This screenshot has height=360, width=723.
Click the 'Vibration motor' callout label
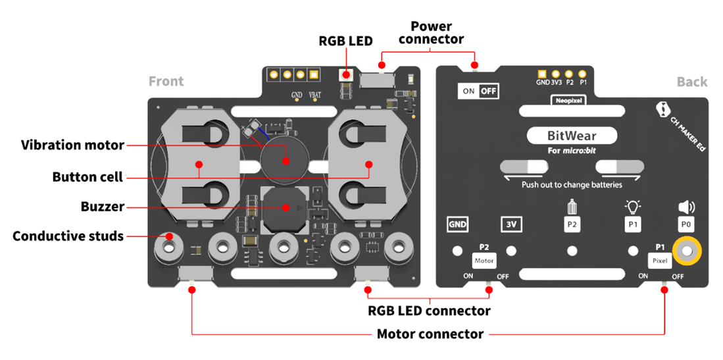pyautogui.click(x=73, y=145)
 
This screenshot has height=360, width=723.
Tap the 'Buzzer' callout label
pyautogui.click(x=102, y=207)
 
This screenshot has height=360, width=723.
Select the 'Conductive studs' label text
pyautogui.click(x=68, y=236)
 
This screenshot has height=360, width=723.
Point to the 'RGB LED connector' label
pyautogui.click(x=429, y=310)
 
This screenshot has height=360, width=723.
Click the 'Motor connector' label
pyautogui.click(x=430, y=334)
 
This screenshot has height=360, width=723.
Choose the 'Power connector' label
pyautogui.click(x=431, y=32)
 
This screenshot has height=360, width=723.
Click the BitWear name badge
pyautogui.click(x=572, y=136)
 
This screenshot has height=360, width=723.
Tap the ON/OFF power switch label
pyautogui.click(x=478, y=91)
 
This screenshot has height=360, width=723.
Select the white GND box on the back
pyautogui.click(x=457, y=225)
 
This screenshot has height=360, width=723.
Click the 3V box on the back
pyautogui.click(x=511, y=225)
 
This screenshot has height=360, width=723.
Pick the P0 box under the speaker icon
pyautogui.click(x=686, y=225)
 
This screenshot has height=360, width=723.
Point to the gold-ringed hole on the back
pyautogui.click(x=687, y=251)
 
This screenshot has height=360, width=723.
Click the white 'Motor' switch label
pyautogui.click(x=484, y=261)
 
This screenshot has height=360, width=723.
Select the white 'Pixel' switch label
pyautogui.click(x=659, y=261)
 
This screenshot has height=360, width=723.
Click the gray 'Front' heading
pyautogui.click(x=166, y=82)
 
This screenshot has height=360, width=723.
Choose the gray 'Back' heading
pyautogui.click(x=692, y=82)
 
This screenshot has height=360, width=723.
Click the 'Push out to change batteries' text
pyautogui.click(x=572, y=185)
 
